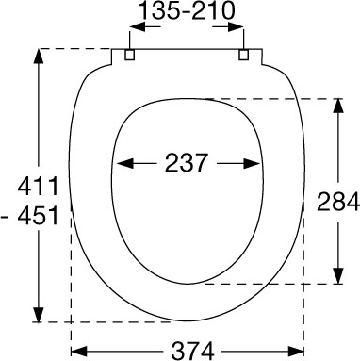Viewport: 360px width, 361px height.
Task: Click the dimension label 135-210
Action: pos(187,11)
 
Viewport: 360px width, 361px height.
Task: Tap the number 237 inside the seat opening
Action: pos(187,163)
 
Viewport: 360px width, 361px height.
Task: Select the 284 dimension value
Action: pos(338,202)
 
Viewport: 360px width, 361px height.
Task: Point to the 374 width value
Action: pos(192,351)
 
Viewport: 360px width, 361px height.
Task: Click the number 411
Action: pos(38,186)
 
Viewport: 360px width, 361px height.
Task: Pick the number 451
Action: pos(38,216)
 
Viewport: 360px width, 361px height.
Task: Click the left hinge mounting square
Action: pos(130,55)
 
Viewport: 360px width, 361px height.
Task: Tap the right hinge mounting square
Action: pos(244,55)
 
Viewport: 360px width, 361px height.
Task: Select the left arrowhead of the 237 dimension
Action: pos(125,163)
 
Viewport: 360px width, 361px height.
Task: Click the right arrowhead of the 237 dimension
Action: pos(253,163)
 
